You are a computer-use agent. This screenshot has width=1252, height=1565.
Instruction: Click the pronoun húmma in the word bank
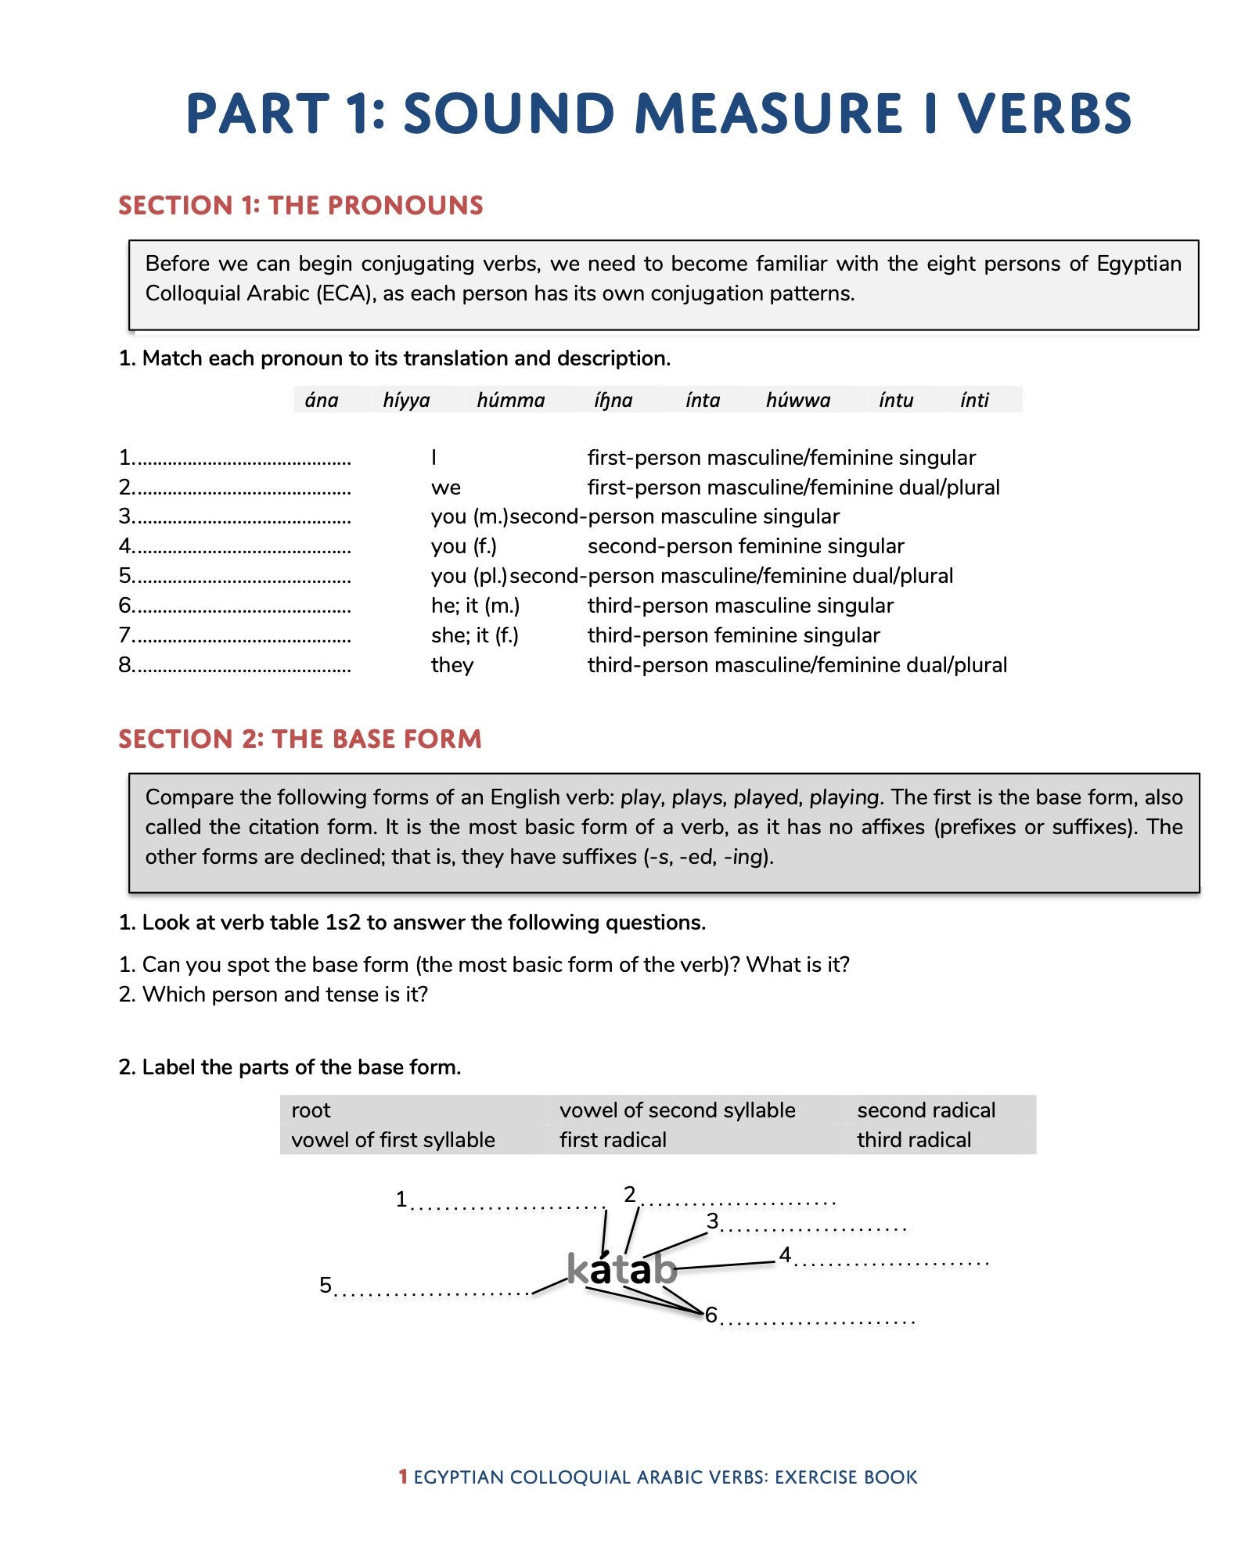[510, 400]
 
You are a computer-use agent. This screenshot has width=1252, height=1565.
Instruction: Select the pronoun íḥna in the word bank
[613, 400]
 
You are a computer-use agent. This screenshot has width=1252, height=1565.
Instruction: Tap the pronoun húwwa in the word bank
[797, 400]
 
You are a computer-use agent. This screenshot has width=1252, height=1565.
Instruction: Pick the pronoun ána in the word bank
[322, 400]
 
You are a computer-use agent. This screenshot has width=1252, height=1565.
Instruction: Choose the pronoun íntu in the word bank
[895, 400]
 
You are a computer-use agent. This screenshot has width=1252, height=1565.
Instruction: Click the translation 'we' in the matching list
[446, 487]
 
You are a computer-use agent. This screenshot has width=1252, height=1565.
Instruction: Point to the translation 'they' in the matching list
[452, 665]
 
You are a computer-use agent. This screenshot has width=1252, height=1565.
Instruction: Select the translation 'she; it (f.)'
[474, 635]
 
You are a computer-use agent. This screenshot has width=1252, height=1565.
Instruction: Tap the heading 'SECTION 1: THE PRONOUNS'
[300, 205]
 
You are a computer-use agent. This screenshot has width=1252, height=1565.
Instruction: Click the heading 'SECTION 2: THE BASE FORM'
[300, 739]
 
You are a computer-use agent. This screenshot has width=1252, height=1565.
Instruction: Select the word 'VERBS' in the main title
[1045, 113]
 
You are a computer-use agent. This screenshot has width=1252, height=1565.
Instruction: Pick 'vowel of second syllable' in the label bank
[677, 1110]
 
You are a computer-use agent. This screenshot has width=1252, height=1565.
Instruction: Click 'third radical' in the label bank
[913, 1139]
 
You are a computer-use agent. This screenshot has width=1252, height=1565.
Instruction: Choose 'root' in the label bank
[311, 1110]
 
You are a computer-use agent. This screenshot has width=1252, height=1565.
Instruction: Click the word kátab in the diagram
[622, 1268]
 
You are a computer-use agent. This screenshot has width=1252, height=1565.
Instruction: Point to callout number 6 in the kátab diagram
[711, 1315]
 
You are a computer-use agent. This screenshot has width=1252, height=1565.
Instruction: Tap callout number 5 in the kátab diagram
[326, 1285]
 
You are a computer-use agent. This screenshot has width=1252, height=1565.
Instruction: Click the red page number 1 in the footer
[403, 1477]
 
